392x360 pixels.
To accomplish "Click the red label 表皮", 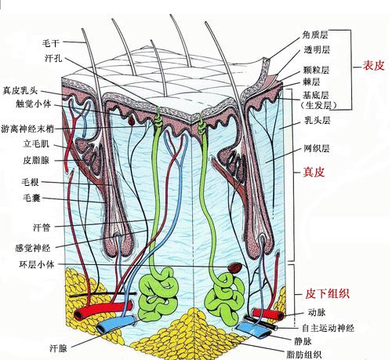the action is (373, 65).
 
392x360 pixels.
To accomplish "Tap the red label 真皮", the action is (314, 172).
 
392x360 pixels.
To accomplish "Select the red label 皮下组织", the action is (327, 294).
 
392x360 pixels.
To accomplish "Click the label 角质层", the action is (315, 35).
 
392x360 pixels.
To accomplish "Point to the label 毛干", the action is (51, 43).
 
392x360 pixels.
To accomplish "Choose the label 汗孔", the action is (53, 58).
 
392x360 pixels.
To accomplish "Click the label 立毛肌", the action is (36, 144).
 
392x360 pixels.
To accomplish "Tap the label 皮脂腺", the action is (36, 160).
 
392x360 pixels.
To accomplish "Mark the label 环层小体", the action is (37, 264).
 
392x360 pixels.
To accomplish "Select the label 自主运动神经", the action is (328, 328).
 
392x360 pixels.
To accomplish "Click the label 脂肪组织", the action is (304, 355).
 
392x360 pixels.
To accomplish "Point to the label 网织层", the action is (317, 148).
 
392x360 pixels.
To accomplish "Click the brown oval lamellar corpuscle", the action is (236, 268).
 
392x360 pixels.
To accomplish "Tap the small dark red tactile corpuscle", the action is (131, 121).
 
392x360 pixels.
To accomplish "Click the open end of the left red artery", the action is (78, 314).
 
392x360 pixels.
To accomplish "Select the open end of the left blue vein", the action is (101, 329).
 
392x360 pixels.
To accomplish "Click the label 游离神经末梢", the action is (27, 129).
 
